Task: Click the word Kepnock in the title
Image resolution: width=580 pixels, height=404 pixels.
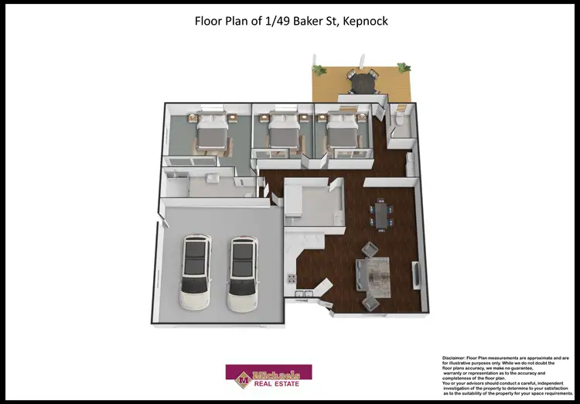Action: [x=360, y=21]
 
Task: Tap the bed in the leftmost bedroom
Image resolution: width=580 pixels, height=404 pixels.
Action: [x=212, y=133]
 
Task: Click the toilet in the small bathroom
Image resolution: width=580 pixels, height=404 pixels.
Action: [x=398, y=118]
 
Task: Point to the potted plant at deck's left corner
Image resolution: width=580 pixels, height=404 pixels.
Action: [x=317, y=69]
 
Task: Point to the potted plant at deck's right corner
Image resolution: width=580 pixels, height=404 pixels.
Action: [x=401, y=69]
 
